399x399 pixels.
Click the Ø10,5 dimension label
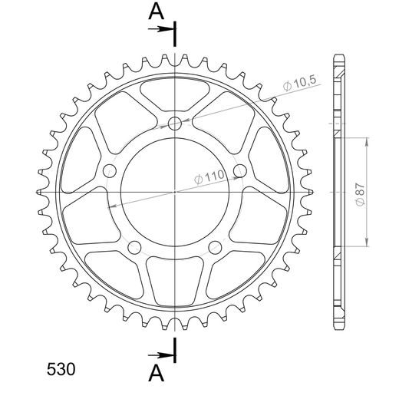tap(300, 82)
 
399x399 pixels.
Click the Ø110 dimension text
tap(209, 177)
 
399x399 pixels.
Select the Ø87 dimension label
tap(361, 195)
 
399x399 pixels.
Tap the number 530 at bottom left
tap(61, 369)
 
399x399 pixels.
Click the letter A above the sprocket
tap(156, 12)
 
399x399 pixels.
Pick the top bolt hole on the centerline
tap(175, 124)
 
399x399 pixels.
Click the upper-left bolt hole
tap(110, 171)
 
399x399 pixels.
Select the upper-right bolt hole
tap(240, 171)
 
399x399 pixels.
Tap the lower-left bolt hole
tap(134, 247)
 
